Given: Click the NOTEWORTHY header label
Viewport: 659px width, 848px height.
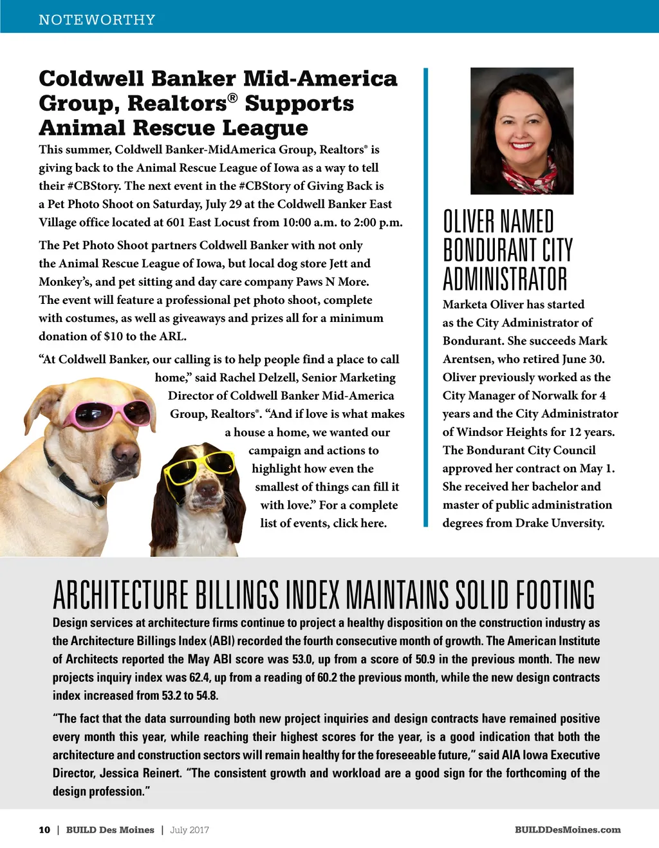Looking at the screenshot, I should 97,20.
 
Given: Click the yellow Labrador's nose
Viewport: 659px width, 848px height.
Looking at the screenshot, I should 126,454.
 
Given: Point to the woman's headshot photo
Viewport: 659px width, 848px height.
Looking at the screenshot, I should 522,131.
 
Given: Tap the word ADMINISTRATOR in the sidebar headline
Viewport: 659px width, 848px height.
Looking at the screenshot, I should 505,279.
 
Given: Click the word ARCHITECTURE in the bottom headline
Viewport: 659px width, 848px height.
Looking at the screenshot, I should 120,595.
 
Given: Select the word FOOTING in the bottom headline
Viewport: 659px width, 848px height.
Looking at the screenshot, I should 557,595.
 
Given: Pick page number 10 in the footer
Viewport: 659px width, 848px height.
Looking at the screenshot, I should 44,830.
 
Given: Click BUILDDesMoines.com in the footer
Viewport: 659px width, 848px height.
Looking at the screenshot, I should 568,830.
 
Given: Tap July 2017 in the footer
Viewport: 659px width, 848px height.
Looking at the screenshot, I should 190,830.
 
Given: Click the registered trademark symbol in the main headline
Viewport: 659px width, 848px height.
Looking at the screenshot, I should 232,98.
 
